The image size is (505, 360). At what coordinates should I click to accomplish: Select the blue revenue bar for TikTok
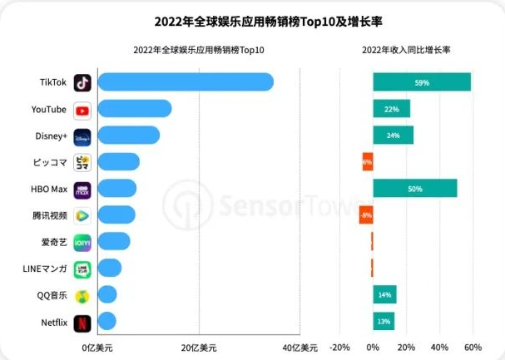186,82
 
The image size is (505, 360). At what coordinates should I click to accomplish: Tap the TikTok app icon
82,82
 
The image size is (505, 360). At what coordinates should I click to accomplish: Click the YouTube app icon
82,110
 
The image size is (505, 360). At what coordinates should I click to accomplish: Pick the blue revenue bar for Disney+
128,136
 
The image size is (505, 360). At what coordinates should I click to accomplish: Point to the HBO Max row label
47,189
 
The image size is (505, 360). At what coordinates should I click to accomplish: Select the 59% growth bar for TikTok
422,82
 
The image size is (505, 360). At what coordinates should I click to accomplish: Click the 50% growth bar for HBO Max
414,189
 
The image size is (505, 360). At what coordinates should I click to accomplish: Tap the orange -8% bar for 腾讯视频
366,215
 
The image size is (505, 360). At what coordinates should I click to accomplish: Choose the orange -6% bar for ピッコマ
368,162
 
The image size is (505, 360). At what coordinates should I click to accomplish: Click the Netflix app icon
82,322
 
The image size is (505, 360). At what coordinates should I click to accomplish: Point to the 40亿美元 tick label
300,347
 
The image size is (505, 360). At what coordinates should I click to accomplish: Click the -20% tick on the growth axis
339,347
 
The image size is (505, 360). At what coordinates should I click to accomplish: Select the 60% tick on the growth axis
473,347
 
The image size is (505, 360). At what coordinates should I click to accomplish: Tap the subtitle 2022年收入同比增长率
406,51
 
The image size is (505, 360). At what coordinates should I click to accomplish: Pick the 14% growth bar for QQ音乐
384,295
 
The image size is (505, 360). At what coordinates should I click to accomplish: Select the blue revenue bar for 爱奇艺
114,242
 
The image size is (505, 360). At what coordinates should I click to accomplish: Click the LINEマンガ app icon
82,269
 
